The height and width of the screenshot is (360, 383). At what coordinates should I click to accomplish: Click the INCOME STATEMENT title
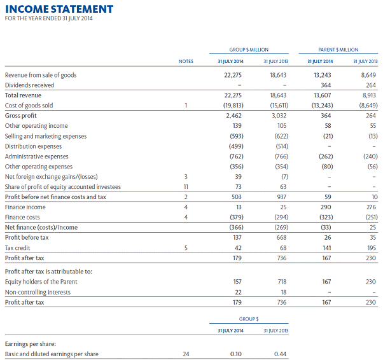click(59, 9)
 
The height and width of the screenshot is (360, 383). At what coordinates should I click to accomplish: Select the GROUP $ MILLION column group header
click(249, 49)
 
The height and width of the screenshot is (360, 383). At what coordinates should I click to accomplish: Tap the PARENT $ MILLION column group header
click(338, 49)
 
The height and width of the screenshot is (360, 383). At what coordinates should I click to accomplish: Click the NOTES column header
click(186, 62)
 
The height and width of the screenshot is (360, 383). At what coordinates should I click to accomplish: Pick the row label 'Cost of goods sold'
click(29, 106)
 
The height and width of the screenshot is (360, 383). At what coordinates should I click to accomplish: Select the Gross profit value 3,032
click(278, 116)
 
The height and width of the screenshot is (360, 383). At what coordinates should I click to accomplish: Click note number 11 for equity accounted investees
click(186, 187)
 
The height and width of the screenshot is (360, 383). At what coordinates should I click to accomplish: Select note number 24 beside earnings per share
click(186, 354)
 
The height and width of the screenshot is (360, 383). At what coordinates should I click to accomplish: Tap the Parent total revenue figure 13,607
click(323, 95)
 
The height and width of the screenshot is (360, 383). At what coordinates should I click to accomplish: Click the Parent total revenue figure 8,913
click(368, 95)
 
